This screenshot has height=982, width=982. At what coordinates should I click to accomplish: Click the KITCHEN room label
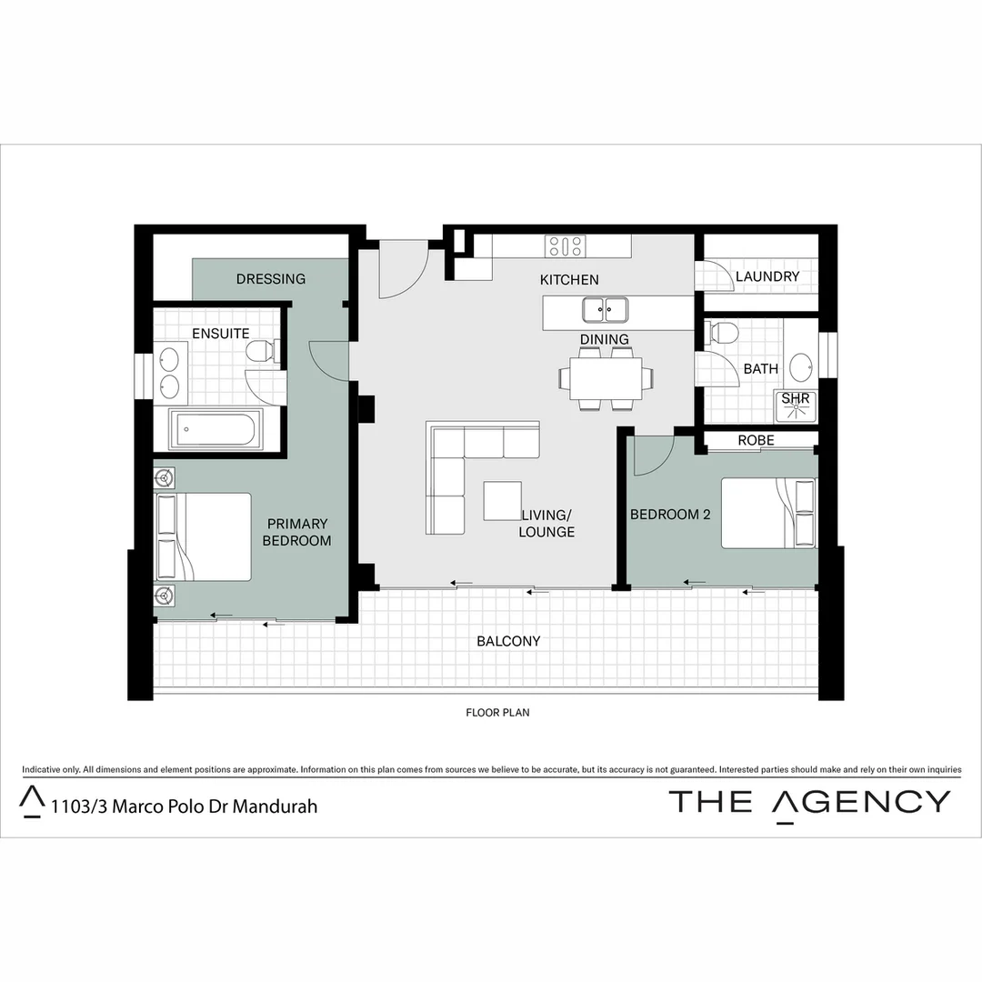click(x=569, y=279)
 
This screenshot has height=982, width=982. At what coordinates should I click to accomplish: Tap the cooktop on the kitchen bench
click(x=566, y=245)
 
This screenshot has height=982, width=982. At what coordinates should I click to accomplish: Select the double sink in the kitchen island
click(x=605, y=309)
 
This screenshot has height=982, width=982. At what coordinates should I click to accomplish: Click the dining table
click(x=606, y=378)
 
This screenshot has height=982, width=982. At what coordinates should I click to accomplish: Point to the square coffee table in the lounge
click(x=502, y=500)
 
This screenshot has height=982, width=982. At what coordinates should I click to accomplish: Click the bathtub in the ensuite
click(x=215, y=429)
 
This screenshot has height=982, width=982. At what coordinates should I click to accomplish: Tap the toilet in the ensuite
click(x=263, y=351)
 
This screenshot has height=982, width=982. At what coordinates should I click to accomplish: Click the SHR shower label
click(x=796, y=398)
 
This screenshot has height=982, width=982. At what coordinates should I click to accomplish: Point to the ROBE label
click(x=756, y=440)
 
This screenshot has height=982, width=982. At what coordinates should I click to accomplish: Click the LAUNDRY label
click(x=767, y=276)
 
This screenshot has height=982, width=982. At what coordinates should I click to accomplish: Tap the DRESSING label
click(x=271, y=279)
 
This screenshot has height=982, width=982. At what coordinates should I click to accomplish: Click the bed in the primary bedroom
click(x=203, y=537)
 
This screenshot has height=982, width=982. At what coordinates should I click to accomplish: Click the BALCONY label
click(x=508, y=641)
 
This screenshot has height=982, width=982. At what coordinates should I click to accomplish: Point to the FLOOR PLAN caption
click(x=498, y=712)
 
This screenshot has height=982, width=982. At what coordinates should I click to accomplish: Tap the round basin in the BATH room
click(x=801, y=367)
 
